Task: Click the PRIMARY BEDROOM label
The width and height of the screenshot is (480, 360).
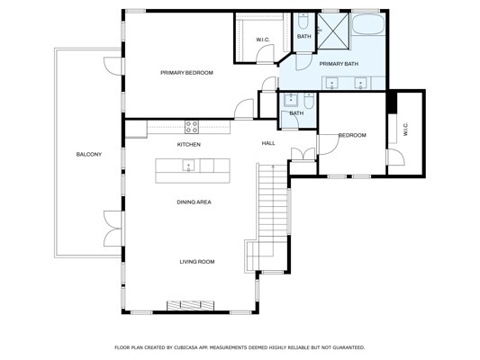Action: (186, 73)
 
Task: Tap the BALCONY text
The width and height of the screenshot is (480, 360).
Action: (89, 155)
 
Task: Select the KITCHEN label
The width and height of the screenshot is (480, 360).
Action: (189, 144)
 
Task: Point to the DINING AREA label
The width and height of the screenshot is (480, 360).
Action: (195, 202)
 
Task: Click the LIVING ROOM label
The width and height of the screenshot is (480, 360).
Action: (197, 262)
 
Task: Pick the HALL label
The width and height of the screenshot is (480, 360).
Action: (268, 143)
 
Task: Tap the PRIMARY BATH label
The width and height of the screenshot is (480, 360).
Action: (339, 64)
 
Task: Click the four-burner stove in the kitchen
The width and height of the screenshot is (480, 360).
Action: (192, 127)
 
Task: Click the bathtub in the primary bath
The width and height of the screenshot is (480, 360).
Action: (367, 24)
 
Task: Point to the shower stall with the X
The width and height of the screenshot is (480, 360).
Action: (333, 31)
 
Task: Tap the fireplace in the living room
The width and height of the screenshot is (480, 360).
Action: (190, 305)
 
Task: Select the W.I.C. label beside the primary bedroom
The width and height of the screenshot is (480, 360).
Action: (263, 40)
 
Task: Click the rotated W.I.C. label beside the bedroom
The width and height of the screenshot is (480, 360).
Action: (405, 129)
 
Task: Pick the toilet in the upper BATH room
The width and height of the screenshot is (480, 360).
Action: (303, 20)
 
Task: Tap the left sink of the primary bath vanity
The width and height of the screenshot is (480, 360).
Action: (332, 83)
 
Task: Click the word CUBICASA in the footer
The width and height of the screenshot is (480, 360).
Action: (187, 347)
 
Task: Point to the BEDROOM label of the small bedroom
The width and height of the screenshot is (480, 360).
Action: (352, 135)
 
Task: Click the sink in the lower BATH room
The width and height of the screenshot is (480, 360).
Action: (290, 100)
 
